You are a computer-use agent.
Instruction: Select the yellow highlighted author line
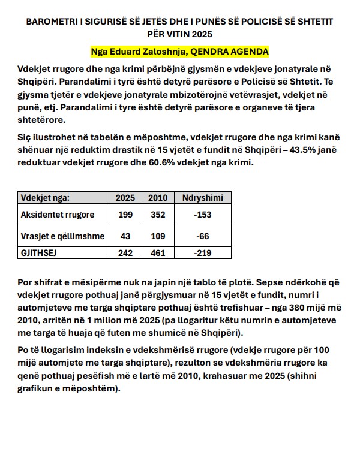click(179, 51)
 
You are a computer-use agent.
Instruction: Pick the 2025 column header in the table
click(125, 198)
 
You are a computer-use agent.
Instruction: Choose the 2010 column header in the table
click(157, 198)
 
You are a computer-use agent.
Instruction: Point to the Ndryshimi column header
click(202, 198)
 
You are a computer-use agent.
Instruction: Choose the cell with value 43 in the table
click(125, 236)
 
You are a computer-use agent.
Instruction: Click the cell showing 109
click(157, 236)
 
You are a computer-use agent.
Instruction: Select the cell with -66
click(202, 236)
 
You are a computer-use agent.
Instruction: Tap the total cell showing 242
click(125, 254)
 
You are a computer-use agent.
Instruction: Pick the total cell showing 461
click(157, 254)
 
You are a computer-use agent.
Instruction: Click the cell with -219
click(202, 254)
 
